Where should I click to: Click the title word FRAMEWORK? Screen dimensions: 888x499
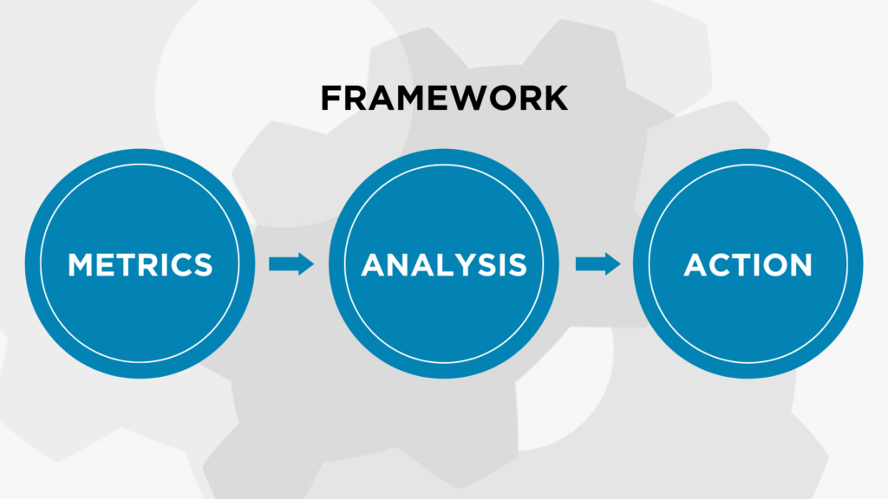(444, 98)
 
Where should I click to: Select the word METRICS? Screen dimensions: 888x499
(140, 265)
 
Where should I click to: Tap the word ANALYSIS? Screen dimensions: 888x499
(444, 265)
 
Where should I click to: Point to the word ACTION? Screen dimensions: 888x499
(748, 265)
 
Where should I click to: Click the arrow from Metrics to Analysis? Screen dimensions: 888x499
(291, 263)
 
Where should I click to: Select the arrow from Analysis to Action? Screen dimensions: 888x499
(598, 263)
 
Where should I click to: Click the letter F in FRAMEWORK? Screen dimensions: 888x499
(330, 98)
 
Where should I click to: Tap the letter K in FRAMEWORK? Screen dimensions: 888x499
(556, 98)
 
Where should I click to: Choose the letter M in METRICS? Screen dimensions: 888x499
(81, 265)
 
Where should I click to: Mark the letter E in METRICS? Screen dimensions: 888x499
(107, 265)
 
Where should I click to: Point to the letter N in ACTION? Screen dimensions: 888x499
(801, 265)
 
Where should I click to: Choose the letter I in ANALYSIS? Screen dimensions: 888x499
(502, 265)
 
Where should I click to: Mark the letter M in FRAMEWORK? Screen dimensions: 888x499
(408, 98)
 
